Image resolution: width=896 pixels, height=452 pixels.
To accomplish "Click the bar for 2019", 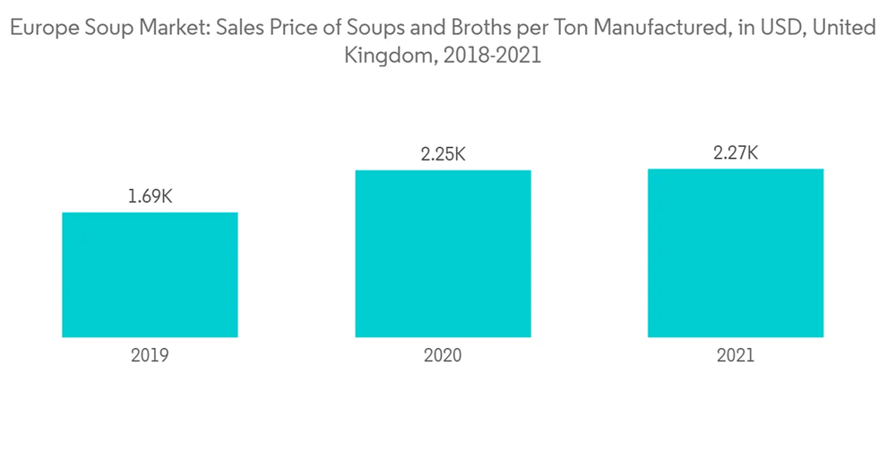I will point(150,274).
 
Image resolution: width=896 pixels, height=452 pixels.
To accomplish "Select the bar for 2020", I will point(443,254).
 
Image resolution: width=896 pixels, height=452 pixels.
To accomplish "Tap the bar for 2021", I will point(736,253).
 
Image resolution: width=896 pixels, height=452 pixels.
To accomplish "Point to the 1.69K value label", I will point(150,196).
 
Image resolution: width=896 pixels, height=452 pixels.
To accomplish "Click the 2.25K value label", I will point(443,154).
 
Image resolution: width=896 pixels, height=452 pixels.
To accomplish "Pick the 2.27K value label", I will point(736,153).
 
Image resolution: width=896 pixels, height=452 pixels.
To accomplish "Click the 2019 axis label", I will point(150,355).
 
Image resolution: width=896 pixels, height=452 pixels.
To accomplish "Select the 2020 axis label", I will point(443,355).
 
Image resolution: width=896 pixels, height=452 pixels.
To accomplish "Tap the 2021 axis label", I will point(736,355).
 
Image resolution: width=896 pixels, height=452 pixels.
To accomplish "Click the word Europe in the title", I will point(40,28).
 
